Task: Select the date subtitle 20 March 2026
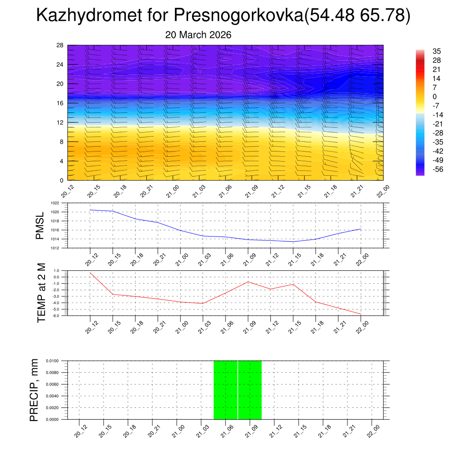[x=198, y=35]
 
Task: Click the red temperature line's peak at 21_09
[x=248, y=282]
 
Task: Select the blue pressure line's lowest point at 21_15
[x=293, y=241]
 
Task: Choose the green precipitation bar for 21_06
[x=225, y=390]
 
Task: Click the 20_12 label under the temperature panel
[x=91, y=328]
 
